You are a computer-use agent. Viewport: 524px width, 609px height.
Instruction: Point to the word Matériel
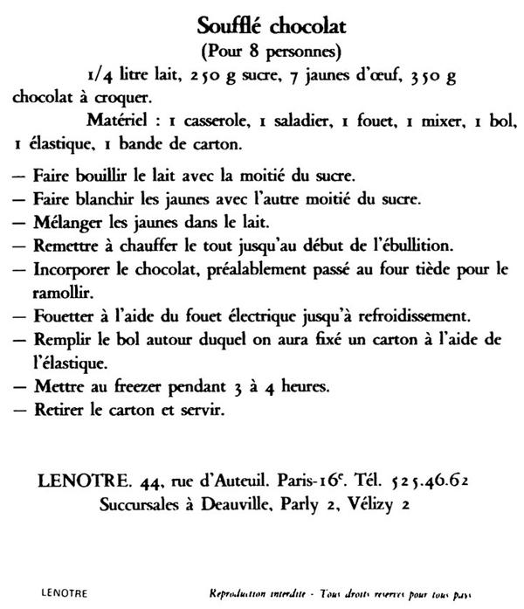(121, 121)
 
